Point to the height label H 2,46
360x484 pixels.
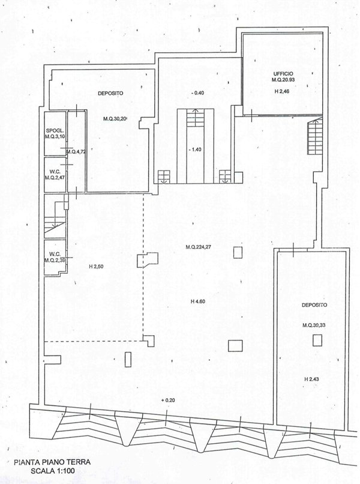[280, 90]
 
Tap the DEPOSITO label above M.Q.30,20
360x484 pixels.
[110, 94]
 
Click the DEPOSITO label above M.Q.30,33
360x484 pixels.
[314, 305]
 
